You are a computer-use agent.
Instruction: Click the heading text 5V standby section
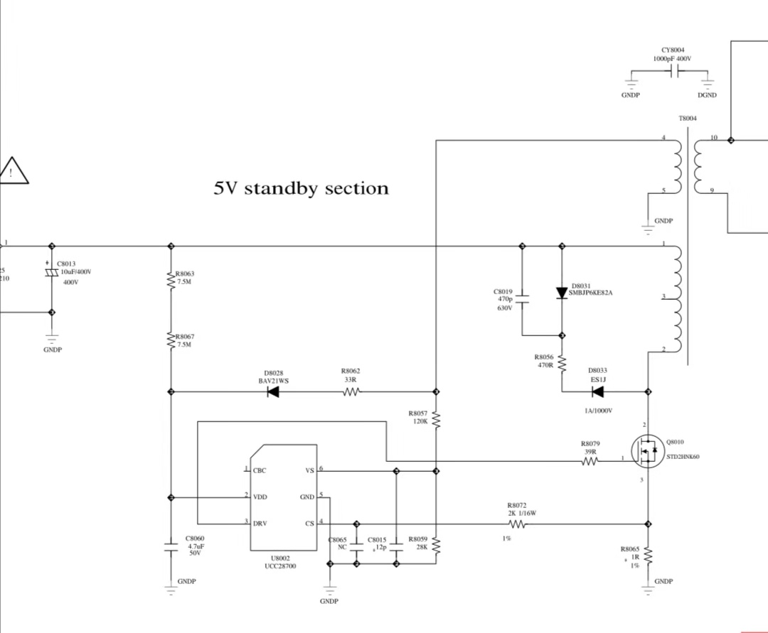[x=302, y=188]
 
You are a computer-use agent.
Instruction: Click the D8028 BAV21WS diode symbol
[x=273, y=392]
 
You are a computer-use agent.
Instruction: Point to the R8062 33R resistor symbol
[x=352, y=392]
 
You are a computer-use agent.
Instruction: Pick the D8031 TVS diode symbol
[x=562, y=293]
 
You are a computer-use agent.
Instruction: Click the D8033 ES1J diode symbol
[x=597, y=391]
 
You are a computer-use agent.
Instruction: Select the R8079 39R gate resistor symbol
[x=590, y=461]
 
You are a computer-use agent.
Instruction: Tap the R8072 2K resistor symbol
[x=517, y=524]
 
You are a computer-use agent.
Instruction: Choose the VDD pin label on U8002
[x=260, y=497]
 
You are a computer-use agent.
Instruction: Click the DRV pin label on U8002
[x=260, y=524]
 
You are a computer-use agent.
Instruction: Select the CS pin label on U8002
[x=309, y=524]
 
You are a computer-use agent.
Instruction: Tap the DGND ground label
[x=707, y=95]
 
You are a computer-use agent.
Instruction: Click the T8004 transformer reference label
[x=688, y=119]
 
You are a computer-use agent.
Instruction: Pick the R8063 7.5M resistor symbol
[x=171, y=281]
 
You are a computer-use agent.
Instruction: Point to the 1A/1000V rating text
[x=598, y=411]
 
